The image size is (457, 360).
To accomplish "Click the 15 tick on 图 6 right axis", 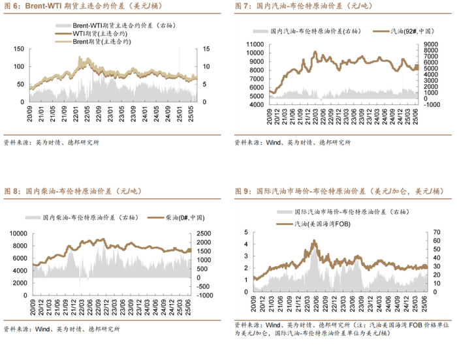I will coord(206,49).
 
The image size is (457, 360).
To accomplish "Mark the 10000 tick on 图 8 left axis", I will coord(18,233).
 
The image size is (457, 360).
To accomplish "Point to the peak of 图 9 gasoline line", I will coord(315,241).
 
